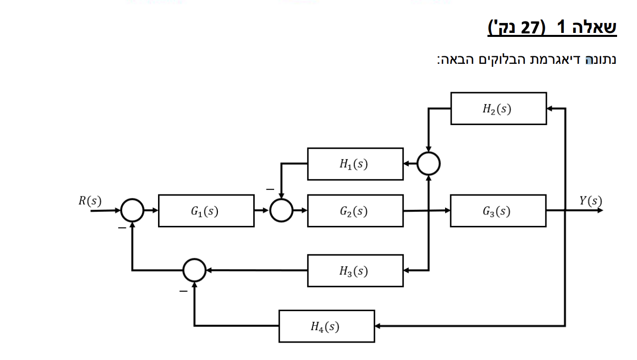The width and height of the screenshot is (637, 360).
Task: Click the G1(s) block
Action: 206,211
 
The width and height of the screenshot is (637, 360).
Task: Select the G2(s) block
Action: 355,211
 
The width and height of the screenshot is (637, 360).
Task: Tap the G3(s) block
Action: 497,211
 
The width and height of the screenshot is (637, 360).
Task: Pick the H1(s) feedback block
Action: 355,164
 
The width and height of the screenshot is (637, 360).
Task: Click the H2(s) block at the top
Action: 498,108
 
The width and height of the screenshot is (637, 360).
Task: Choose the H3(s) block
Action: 355,271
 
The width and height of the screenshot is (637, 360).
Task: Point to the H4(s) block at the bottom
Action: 326,326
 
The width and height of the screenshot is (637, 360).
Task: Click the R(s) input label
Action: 90,201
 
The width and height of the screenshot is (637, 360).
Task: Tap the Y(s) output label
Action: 590,201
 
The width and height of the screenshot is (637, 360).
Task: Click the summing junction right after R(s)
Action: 132,210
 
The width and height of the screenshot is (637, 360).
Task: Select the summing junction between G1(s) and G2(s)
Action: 282,210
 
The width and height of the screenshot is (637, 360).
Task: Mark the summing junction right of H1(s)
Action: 429,164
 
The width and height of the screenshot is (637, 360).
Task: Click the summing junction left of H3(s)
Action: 194,270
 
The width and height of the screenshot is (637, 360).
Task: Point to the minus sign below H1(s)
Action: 270,189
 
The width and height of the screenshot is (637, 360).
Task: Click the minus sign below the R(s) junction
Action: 122,228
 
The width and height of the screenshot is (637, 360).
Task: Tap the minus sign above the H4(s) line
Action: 183,291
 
